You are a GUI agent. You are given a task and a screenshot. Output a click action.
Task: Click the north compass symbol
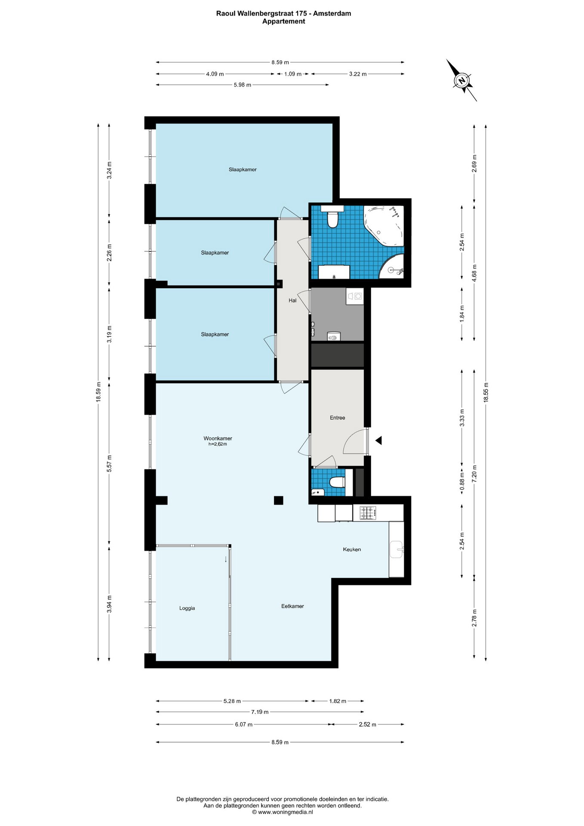click(461, 80)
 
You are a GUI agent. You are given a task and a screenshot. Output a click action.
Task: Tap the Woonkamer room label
click(218, 438)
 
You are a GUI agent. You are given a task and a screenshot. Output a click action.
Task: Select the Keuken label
click(352, 549)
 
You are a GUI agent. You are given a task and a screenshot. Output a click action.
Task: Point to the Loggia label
click(187, 608)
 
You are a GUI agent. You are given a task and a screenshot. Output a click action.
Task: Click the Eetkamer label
click(292, 606)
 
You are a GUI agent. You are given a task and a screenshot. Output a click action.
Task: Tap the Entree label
click(338, 418)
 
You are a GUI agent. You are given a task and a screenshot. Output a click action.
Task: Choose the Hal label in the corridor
click(292, 300)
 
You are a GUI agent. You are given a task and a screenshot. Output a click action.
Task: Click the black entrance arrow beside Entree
click(378, 441)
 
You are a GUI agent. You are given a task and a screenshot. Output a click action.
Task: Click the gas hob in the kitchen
click(368, 512)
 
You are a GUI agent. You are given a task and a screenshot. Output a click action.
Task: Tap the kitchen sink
click(397, 549)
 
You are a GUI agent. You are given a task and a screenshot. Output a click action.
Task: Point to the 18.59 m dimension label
click(98, 392)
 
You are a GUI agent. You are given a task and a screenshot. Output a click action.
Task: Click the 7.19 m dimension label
click(260, 712)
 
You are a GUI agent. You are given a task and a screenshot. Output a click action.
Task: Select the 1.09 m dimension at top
click(292, 74)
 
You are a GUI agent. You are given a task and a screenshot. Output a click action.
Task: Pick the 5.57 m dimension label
click(109, 463)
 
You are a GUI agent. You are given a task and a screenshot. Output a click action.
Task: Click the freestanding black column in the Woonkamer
click(279, 500)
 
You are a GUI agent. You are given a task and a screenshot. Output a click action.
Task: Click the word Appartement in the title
click(284, 21)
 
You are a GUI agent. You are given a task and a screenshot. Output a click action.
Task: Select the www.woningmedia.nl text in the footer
click(282, 812)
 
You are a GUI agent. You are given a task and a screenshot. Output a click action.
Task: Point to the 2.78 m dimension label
click(474, 618)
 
